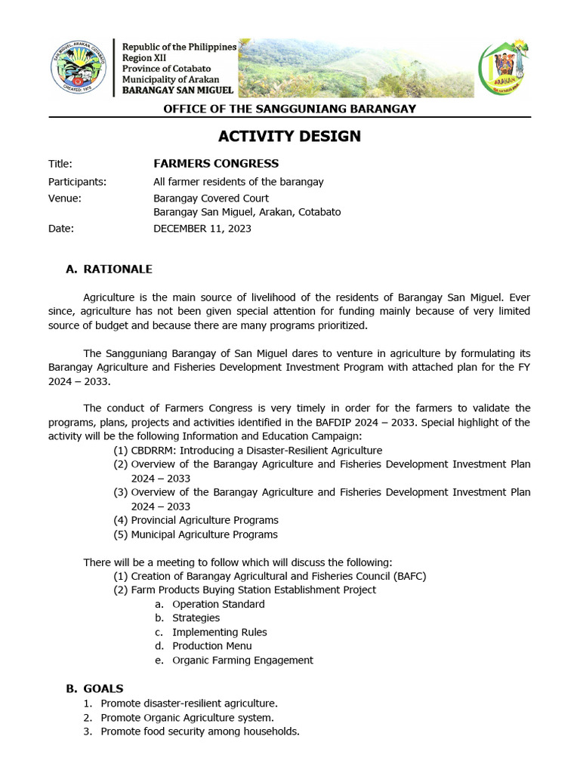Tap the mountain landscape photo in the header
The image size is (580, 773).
(355, 68)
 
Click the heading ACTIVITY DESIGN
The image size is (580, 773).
(289, 137)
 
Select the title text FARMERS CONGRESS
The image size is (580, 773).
(216, 164)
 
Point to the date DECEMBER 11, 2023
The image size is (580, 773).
(202, 229)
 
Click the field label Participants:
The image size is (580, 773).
(77, 182)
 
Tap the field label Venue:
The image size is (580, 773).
(64, 199)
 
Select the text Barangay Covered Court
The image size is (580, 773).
(211, 199)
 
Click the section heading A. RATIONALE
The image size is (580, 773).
(110, 269)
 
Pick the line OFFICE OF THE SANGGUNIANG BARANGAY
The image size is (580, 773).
(290, 109)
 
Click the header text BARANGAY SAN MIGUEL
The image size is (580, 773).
(178, 91)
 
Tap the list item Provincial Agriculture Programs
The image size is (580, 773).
(204, 520)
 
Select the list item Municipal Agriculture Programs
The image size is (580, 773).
(204, 534)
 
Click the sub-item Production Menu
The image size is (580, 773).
(212, 646)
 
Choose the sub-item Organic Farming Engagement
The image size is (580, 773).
(242, 661)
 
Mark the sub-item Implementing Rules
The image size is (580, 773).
(219, 633)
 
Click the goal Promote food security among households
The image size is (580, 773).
(200, 731)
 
